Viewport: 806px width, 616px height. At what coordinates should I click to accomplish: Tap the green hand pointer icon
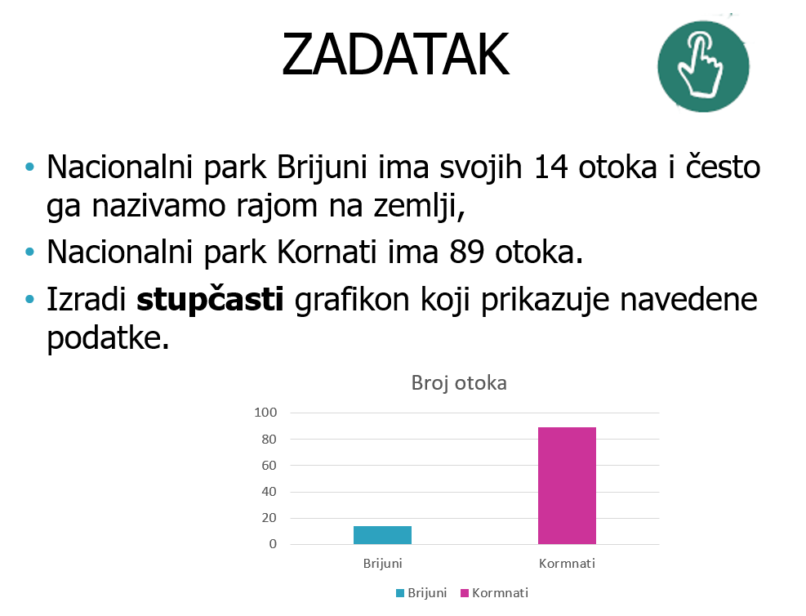(703, 66)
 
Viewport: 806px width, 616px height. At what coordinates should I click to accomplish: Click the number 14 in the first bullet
(550, 167)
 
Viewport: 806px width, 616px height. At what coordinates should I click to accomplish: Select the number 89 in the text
(467, 252)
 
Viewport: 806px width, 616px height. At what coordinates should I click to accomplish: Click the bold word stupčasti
(210, 299)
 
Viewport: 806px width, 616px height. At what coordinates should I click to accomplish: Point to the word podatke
(108, 339)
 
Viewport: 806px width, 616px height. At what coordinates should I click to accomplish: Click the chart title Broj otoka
(459, 383)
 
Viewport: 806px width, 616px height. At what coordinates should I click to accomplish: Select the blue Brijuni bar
(382, 535)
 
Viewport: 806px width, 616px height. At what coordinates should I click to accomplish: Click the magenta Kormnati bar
(567, 485)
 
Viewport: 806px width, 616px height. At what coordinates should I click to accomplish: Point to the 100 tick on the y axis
(265, 413)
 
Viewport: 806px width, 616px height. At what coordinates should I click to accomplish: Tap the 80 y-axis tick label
(269, 439)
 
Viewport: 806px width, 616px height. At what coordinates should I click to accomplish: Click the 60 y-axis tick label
(269, 466)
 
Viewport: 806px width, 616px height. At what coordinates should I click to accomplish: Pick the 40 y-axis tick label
(269, 492)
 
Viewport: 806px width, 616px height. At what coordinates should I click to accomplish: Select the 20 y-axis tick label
(269, 518)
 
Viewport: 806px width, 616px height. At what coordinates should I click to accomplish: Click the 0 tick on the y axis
(273, 544)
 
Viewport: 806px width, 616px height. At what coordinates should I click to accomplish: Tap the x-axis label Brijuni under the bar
(382, 564)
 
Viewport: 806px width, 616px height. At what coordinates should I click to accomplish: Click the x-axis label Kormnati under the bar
(567, 564)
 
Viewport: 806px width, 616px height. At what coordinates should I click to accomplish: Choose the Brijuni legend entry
(421, 593)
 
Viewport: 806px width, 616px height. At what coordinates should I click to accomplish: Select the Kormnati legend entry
(495, 593)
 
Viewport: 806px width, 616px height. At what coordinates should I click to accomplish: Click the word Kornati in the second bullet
(327, 252)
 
